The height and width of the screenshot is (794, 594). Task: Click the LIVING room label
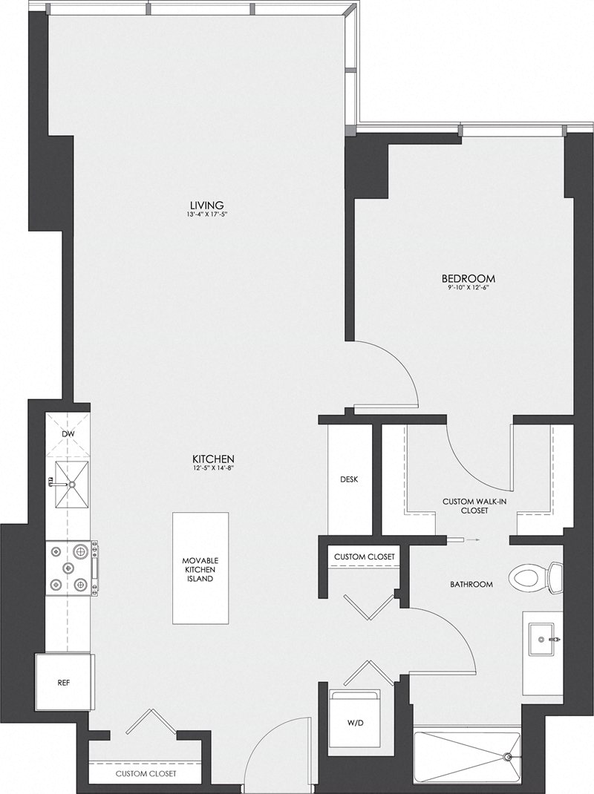(x=206, y=206)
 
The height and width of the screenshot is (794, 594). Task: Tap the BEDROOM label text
(x=468, y=279)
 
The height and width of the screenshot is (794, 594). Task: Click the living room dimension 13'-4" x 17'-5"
(x=206, y=215)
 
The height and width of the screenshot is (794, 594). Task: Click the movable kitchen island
(x=200, y=568)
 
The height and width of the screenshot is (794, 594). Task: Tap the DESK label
(x=350, y=479)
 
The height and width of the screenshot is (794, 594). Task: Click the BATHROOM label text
(x=471, y=585)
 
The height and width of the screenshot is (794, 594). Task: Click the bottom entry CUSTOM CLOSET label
(x=146, y=774)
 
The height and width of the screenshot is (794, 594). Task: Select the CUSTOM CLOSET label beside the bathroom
(x=364, y=557)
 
